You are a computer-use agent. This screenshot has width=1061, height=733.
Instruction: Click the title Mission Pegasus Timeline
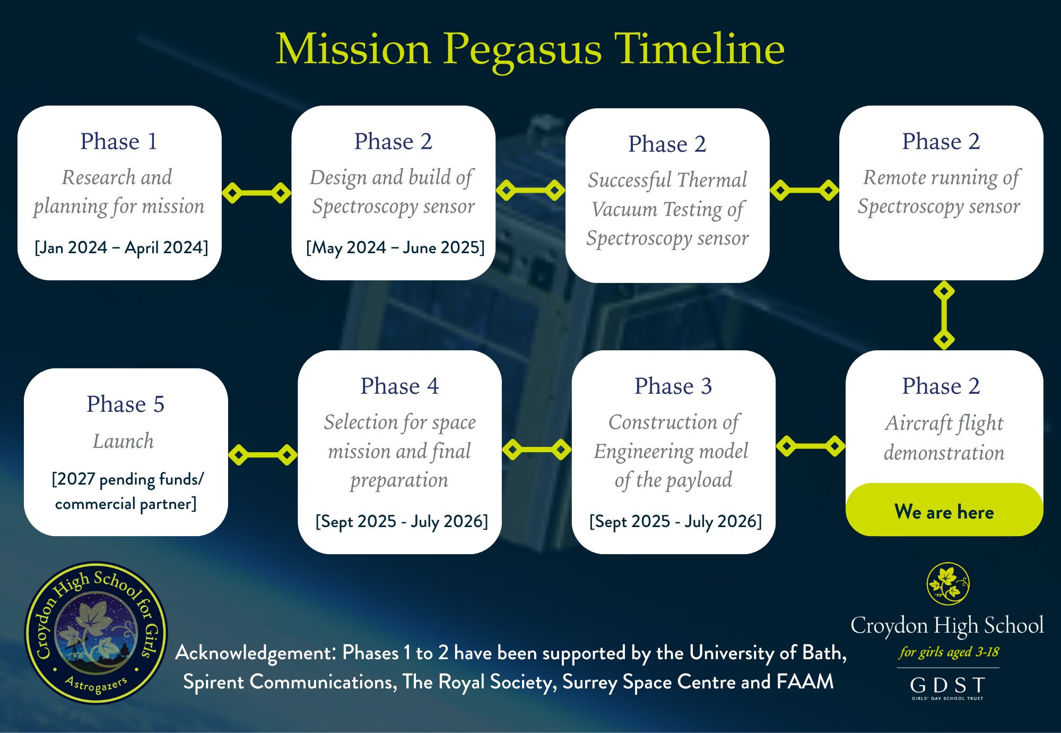530,49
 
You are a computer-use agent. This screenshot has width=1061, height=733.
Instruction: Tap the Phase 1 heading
119,141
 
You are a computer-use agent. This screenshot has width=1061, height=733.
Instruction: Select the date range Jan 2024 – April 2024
121,247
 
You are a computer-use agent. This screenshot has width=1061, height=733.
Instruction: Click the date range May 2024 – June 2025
395,247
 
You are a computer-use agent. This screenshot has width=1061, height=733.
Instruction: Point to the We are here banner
944,510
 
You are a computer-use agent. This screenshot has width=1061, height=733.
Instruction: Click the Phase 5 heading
126,404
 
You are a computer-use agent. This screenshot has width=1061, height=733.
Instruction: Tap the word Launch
123,441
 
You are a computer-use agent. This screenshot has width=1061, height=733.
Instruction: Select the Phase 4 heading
399,386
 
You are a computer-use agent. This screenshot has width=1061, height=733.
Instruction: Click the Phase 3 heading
673,386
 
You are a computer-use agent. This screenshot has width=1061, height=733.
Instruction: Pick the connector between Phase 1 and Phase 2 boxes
256,193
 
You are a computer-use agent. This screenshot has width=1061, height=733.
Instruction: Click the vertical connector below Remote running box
944,315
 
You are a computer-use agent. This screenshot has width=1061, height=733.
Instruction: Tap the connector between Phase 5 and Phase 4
263,455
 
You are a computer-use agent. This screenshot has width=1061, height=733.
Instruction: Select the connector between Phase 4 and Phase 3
536,450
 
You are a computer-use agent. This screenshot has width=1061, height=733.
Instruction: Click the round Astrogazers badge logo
96,633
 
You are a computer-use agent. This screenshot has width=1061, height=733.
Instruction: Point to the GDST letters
947,685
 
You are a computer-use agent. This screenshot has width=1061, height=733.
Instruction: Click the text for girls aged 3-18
949,652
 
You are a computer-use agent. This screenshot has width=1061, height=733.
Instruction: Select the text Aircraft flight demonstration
944,438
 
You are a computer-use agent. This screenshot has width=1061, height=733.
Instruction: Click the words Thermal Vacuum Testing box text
667,209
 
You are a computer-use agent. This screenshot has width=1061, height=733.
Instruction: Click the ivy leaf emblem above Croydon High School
947,583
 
